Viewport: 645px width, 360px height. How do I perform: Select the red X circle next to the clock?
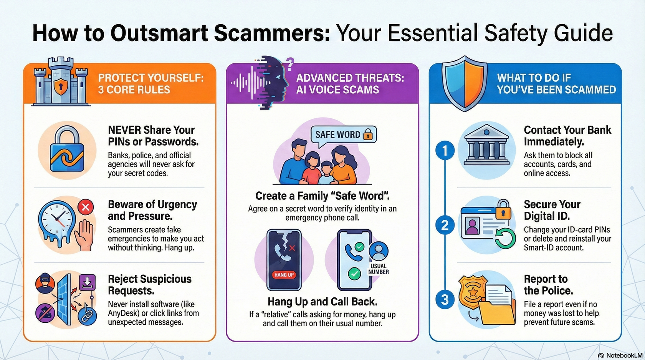click(86, 207)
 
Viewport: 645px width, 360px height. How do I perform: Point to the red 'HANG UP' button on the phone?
click(284, 275)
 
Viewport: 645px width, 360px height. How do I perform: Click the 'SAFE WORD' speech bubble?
click(344, 134)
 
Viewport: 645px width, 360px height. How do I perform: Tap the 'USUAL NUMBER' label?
click(379, 269)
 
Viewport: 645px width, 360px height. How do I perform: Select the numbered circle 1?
click(445, 150)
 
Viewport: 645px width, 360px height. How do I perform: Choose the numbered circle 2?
click(445, 225)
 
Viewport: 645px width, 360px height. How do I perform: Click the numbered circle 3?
click(445, 299)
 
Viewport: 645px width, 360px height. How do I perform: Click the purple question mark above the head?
click(290, 64)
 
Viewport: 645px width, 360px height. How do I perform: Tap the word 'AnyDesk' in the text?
click(124, 313)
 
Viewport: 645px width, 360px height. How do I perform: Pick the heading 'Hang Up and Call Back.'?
click(322, 302)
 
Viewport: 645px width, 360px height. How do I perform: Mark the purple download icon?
click(87, 282)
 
